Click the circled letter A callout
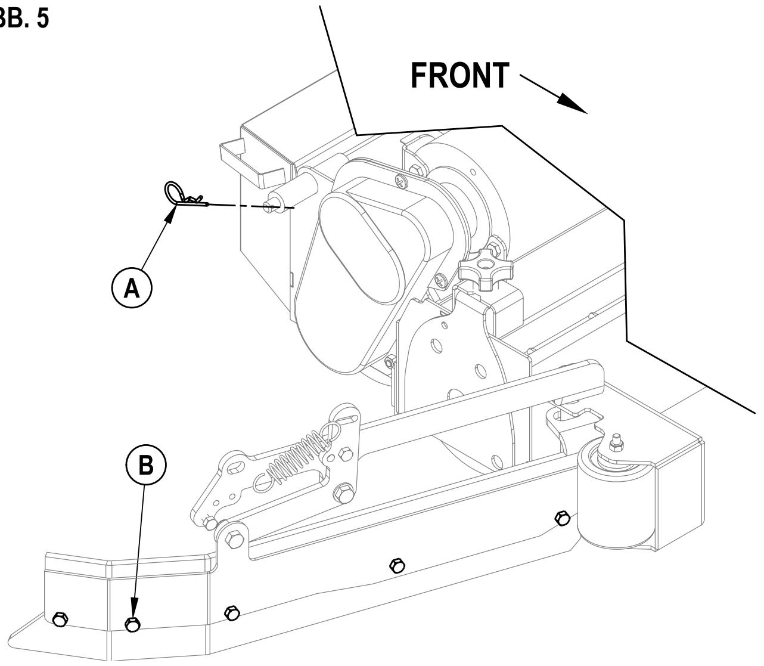pyautogui.click(x=132, y=288)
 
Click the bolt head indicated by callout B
pyautogui.click(x=133, y=624)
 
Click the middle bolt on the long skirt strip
pyautogui.click(x=395, y=564)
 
